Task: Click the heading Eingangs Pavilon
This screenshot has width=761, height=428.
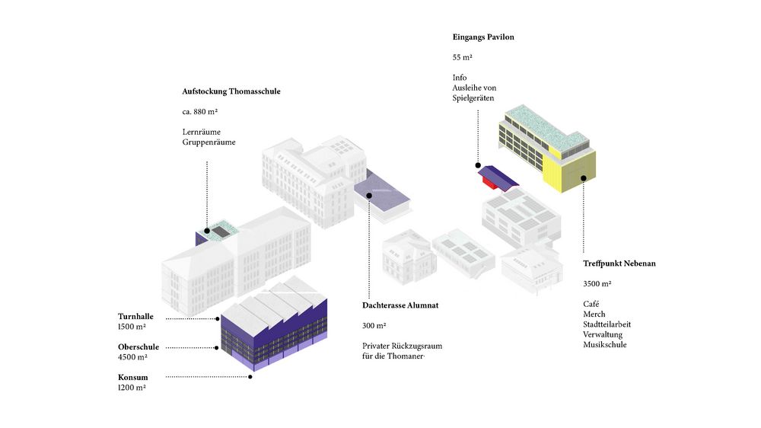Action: (x=483, y=37)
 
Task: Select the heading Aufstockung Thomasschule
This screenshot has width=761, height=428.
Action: (x=231, y=91)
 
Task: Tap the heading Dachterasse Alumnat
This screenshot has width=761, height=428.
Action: (x=400, y=305)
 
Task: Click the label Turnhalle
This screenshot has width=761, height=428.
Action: (x=135, y=317)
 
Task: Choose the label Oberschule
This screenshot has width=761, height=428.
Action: (x=139, y=347)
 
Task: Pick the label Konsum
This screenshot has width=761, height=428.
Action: (x=133, y=377)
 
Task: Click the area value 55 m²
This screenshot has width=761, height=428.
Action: (x=463, y=57)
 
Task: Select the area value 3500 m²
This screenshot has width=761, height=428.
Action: (x=597, y=283)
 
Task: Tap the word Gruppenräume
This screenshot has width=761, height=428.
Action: (x=209, y=142)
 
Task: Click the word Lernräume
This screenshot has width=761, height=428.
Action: (x=202, y=132)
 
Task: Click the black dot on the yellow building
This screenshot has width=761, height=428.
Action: (x=584, y=179)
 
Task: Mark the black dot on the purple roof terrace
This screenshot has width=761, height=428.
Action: (x=369, y=196)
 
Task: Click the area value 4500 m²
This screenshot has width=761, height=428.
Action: (x=132, y=357)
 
